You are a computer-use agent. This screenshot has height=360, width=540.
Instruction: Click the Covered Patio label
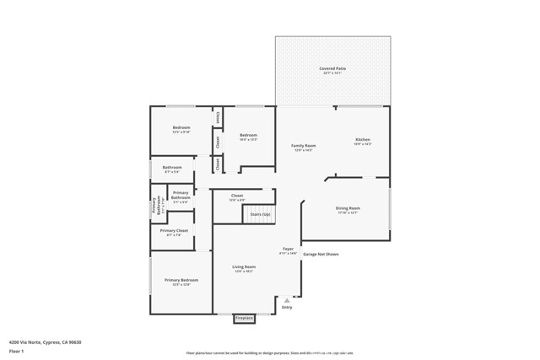pos(332,68)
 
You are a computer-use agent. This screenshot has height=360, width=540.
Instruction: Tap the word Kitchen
pos(363,139)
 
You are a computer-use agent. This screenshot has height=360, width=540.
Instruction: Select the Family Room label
pos(303,146)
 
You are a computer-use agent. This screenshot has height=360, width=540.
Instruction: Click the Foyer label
pos(288,249)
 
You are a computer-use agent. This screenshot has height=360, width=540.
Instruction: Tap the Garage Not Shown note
pos(321,254)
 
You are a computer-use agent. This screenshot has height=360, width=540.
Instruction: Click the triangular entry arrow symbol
pos(287,299)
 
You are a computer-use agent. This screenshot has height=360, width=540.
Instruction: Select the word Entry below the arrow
pos(287,307)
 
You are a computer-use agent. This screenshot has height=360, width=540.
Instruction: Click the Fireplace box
pos(244,319)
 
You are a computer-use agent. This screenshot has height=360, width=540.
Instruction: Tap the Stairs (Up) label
pos(260,214)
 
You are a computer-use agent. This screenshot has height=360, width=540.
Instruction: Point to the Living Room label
pos(244,267)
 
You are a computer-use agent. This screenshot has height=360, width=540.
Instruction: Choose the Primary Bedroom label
pos(181,280)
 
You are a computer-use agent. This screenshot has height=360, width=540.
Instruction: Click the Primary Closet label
pos(177,230)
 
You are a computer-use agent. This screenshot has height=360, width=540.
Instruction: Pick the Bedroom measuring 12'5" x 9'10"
pos(181,128)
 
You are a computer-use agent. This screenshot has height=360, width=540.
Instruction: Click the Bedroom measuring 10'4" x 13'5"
pos(248,135)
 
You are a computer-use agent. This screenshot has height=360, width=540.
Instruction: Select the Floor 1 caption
pos(17,351)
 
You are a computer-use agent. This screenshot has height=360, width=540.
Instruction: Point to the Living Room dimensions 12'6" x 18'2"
pos(244,271)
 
